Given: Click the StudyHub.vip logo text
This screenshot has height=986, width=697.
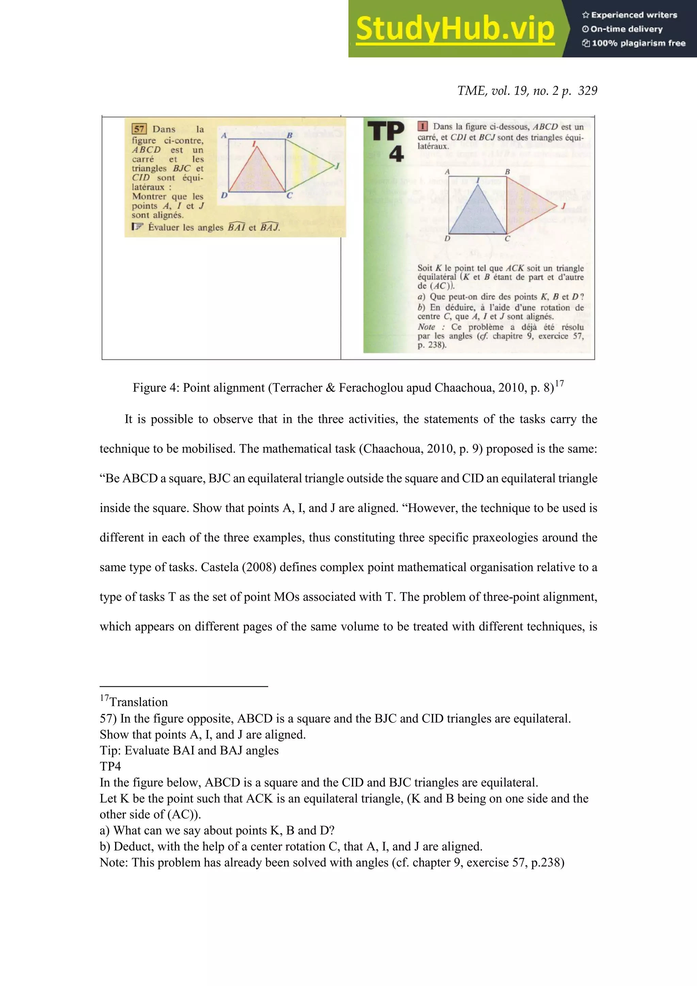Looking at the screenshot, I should (x=455, y=29).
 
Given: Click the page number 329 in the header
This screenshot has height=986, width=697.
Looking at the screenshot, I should (x=587, y=91).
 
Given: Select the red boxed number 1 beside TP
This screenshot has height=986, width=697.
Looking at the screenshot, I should (x=422, y=126).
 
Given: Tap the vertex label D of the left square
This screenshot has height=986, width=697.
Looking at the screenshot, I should (x=224, y=195).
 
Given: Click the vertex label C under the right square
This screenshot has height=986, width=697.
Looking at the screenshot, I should (x=507, y=239).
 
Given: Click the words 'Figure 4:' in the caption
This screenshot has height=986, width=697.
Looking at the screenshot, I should (x=156, y=388).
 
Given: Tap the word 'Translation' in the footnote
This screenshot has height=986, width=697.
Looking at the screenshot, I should (x=138, y=702).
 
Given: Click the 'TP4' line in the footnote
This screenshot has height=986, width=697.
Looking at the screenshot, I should (x=110, y=766).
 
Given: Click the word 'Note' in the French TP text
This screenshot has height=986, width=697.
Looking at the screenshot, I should (x=426, y=327).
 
